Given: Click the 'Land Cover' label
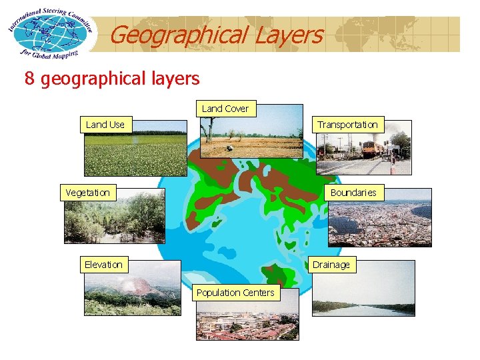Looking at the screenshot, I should coord(225,109).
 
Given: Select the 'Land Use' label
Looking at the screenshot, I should coord(105,125).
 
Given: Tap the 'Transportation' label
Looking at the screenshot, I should coord(347,125).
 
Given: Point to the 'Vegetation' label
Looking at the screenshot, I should coord(87,193).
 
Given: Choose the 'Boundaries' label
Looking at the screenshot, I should coord(353,193).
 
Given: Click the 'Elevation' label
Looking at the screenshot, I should coord(103,265).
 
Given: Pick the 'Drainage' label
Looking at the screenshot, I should coord(331,265).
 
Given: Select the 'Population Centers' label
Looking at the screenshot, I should coord(235,293).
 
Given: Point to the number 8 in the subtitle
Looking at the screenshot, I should coord(29,79).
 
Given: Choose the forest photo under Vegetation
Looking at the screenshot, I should coord(114,220).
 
